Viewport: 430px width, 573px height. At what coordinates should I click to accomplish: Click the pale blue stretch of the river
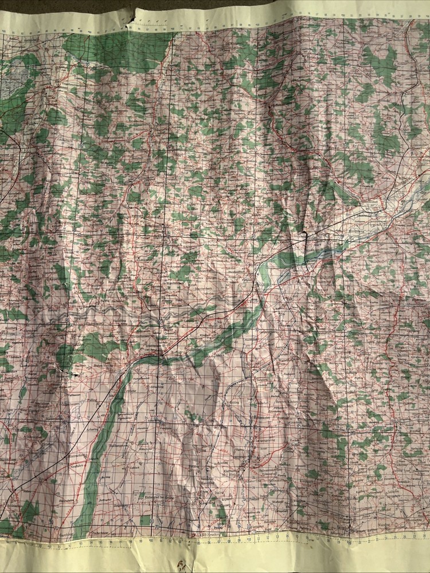pyautogui.click(x=321, y=252)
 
